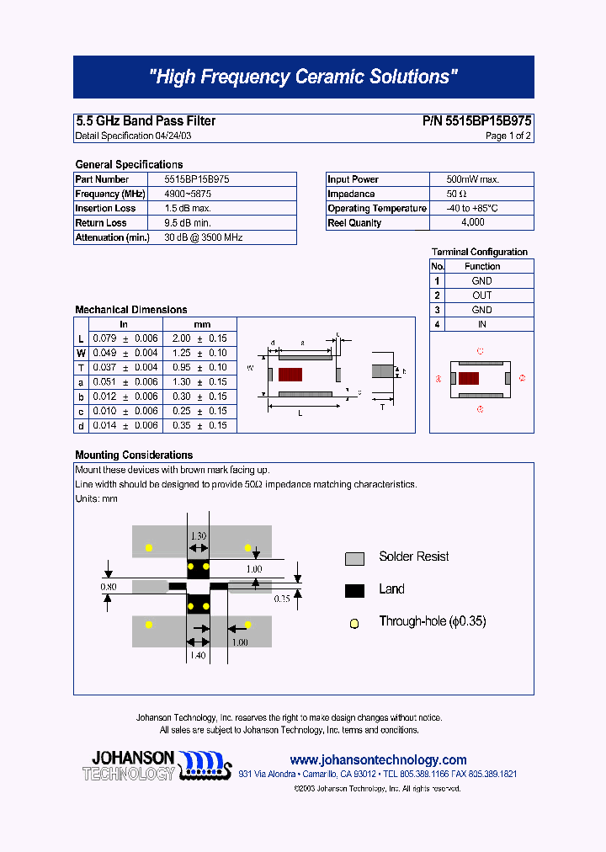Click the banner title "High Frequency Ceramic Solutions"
click(x=303, y=77)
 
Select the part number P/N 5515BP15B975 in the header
click(x=476, y=121)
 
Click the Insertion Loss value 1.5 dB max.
click(x=188, y=208)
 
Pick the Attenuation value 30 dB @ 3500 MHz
click(x=203, y=237)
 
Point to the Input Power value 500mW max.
click(x=472, y=179)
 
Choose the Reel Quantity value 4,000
click(x=472, y=222)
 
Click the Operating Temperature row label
click(x=377, y=208)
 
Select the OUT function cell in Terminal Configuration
click(x=481, y=296)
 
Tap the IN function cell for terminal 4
click(x=481, y=324)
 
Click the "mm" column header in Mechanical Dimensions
click(x=202, y=324)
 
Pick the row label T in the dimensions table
click(x=81, y=367)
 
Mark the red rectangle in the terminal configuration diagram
click(x=469, y=378)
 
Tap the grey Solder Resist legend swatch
click(x=354, y=558)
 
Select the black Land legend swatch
click(x=354, y=590)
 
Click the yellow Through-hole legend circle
click(x=354, y=623)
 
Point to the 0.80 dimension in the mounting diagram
click(x=109, y=585)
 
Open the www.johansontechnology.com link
click(x=378, y=759)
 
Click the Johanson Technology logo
click(x=155, y=764)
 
